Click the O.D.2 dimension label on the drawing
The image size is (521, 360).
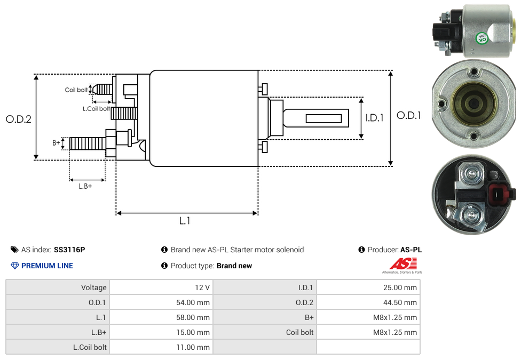(19, 119)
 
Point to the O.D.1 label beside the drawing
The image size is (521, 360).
(409, 115)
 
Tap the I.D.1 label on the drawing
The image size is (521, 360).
(374, 118)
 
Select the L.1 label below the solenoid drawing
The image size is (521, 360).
(185, 221)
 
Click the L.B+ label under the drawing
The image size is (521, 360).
(85, 186)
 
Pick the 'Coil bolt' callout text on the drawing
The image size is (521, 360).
(76, 90)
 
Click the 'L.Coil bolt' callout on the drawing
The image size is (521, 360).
(96, 109)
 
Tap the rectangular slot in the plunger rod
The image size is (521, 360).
(323, 118)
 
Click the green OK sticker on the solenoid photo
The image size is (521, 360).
(482, 38)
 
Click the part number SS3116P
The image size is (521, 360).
(69, 250)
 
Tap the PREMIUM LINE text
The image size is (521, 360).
(47, 266)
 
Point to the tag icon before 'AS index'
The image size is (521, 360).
(14, 250)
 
